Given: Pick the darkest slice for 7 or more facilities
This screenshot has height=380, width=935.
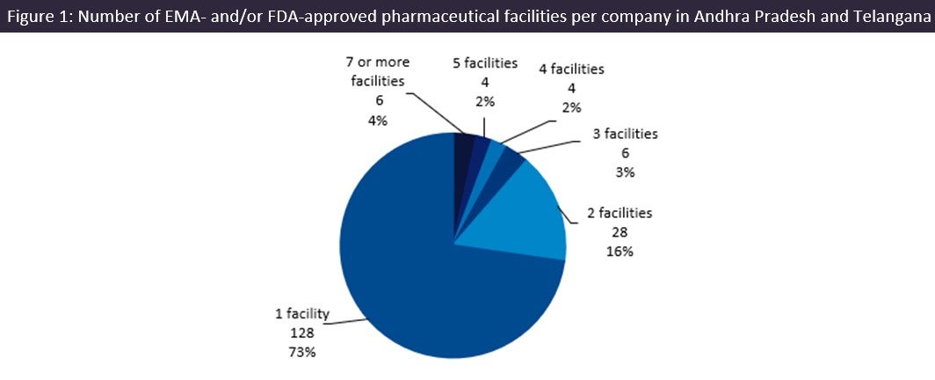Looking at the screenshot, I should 463,145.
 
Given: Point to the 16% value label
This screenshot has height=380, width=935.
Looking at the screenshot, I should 620,251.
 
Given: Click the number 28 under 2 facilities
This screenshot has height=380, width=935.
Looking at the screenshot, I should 620,231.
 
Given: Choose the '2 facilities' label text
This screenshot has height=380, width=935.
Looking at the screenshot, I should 620,212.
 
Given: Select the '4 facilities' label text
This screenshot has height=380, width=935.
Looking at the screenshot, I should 572,69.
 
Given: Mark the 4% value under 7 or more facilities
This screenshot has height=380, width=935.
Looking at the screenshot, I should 380,121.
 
